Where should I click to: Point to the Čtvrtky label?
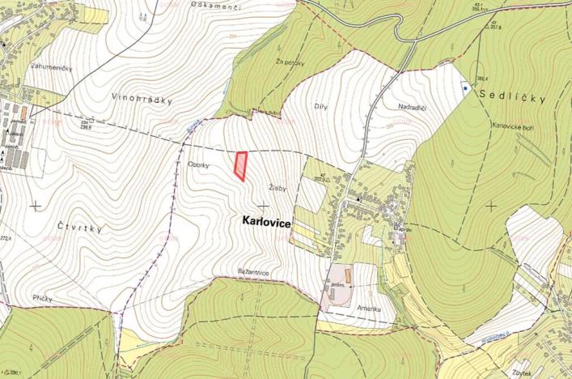[x=81, y=228]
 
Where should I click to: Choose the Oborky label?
[x=199, y=164]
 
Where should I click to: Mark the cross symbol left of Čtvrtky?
[x=35, y=205]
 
